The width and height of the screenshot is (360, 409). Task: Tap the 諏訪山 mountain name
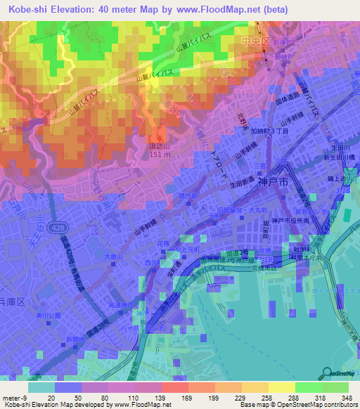tap(160, 146)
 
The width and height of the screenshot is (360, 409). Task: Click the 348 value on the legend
tap(347, 397)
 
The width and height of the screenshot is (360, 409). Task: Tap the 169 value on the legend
tap(187, 397)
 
